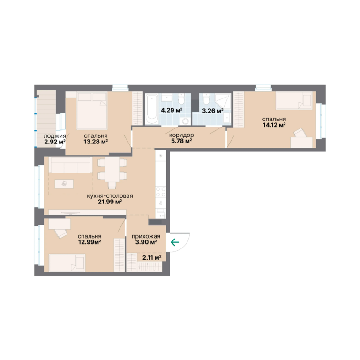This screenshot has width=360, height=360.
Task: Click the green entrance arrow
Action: click(x=175, y=242)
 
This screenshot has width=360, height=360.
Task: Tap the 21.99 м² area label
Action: click(x=110, y=202)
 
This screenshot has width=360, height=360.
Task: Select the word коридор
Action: click(x=181, y=135)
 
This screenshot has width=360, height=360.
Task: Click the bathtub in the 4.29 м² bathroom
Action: click(x=152, y=109)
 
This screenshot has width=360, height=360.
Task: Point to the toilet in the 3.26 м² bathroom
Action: click(x=206, y=99)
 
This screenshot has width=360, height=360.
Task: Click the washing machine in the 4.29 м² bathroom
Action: click(x=185, y=120)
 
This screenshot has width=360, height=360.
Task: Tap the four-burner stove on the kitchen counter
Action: click(x=161, y=192)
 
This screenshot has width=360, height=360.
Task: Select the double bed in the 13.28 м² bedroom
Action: click(x=91, y=111)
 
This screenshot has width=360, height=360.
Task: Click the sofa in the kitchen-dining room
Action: click(x=70, y=165)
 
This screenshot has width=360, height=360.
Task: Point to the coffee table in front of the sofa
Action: click(x=64, y=184)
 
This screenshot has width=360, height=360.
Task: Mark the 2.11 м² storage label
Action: click(x=152, y=258)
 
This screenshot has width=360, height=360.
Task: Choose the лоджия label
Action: click(x=55, y=136)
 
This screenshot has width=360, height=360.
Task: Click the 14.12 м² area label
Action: click(x=274, y=125)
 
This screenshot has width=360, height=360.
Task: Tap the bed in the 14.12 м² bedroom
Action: click(x=294, y=101)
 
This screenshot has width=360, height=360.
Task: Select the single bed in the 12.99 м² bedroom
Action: click(x=67, y=262)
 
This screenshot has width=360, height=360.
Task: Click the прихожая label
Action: click(x=146, y=236)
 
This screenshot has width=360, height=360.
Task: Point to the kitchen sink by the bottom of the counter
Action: click(x=161, y=214)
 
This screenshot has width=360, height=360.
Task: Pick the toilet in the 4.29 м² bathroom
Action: click(x=181, y=99)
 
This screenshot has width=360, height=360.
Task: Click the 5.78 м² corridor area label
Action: click(x=181, y=141)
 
